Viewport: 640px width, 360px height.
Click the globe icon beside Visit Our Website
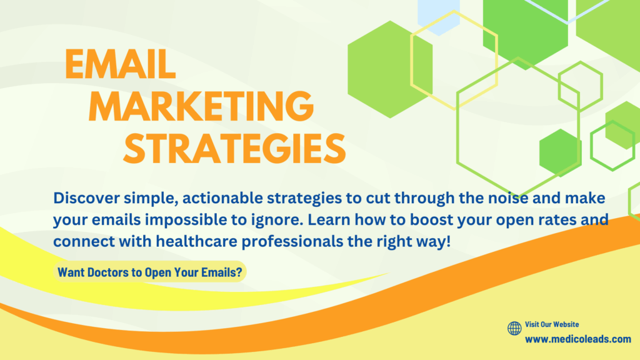[x=514, y=328]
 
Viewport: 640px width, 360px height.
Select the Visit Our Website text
[x=552, y=324]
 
